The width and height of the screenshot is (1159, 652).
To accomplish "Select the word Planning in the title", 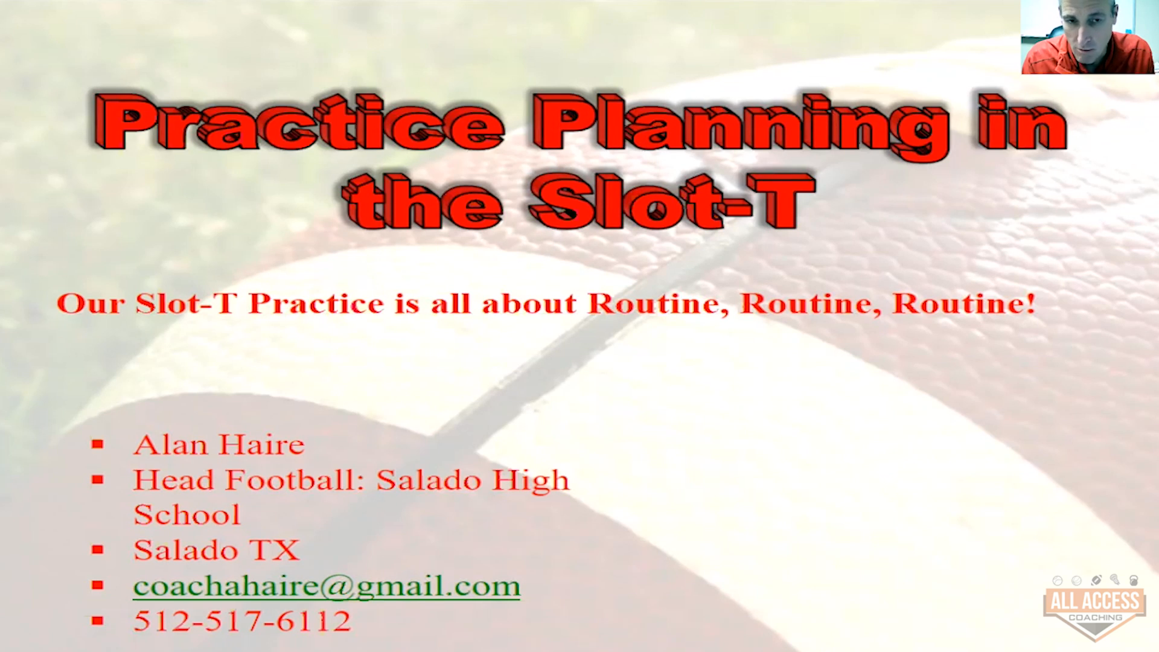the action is pyautogui.click(x=741, y=127).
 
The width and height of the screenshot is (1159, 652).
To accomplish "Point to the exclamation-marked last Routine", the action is pyautogui.click(x=964, y=304).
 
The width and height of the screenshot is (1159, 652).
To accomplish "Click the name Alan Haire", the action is pyautogui.click(x=219, y=445).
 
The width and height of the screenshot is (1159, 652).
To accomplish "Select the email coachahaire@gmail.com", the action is pyautogui.click(x=327, y=586).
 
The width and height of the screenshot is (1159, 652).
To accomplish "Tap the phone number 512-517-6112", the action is pyautogui.click(x=242, y=621).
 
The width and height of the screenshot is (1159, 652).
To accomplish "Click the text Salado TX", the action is pyautogui.click(x=216, y=550).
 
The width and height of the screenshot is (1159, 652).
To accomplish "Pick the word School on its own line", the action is pyautogui.click(x=187, y=515).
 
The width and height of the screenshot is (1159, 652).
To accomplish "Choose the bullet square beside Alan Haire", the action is pyautogui.click(x=98, y=445).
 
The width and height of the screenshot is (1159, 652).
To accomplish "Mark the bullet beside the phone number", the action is pyautogui.click(x=98, y=621).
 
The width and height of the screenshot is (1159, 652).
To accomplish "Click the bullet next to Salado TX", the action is pyautogui.click(x=98, y=550).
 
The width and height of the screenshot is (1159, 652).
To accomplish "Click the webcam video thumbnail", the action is pyautogui.click(x=1088, y=37).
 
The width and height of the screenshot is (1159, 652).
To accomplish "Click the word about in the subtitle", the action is pyautogui.click(x=529, y=304).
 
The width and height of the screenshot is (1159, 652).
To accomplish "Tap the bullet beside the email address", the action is pyautogui.click(x=98, y=585).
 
